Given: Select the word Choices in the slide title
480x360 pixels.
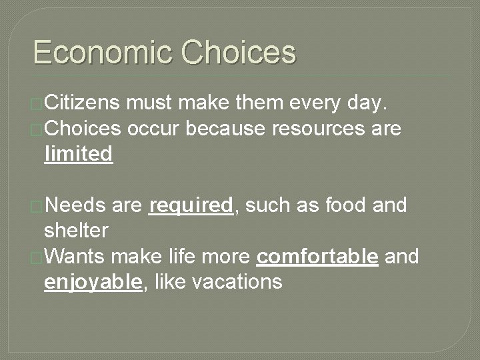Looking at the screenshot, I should (x=238, y=53).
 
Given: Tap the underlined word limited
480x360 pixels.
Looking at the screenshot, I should (x=78, y=154).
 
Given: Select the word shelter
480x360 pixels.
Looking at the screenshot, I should (x=75, y=231).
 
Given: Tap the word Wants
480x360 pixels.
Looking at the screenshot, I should (x=77, y=256).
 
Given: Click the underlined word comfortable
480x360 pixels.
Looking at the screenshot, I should (x=317, y=256).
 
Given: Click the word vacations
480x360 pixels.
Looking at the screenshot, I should (x=237, y=281).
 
